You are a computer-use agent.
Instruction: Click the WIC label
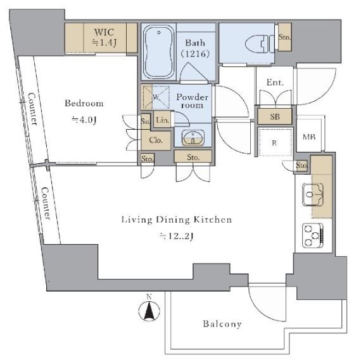pyautogui.click(x=104, y=32)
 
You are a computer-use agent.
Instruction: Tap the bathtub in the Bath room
pyautogui.click(x=158, y=53)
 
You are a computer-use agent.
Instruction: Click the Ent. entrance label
pyautogui.click(x=275, y=82)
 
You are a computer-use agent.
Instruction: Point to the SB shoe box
pyautogui.click(x=275, y=116)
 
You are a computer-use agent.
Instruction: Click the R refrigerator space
pyautogui.click(x=275, y=142)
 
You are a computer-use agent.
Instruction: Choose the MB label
pyautogui.click(x=309, y=137)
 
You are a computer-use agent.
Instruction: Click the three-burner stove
pyautogui.click(x=313, y=235)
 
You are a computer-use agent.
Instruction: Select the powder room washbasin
pyautogui.click(x=193, y=138)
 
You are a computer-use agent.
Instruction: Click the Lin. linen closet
pyautogui.click(x=162, y=119)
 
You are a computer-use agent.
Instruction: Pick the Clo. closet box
pyautogui.click(x=156, y=140)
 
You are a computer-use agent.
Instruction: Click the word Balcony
pyautogui.click(x=222, y=324)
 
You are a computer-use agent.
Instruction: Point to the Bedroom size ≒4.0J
pyautogui.click(x=84, y=120)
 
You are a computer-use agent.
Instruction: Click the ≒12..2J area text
pyautogui.click(x=176, y=236)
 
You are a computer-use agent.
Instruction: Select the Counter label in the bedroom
pyautogui.click(x=32, y=109)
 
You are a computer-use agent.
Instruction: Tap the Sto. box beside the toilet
pyautogui.click(x=285, y=37)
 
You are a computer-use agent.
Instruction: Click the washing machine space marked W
pyautogui.click(x=156, y=97)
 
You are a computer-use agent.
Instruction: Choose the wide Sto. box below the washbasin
pyautogui.click(x=193, y=157)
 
